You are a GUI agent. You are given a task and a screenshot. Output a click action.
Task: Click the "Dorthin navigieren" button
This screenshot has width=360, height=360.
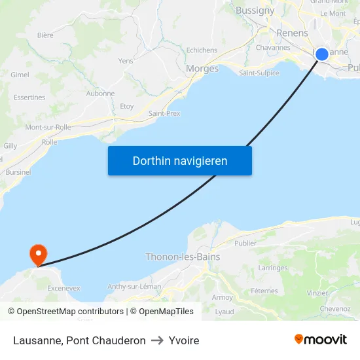pos(180,161)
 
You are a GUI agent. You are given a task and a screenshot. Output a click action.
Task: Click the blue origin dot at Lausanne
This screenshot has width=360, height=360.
pos(322,54)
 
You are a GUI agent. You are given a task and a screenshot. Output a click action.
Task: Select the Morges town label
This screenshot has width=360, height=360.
pos(202,69)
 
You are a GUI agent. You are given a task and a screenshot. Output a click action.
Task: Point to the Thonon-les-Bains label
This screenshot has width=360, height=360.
pos(183,257)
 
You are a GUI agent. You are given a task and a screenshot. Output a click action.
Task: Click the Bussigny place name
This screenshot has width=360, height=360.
pos(255,10)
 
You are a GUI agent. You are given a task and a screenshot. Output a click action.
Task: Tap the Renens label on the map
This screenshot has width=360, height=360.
pos(292,33)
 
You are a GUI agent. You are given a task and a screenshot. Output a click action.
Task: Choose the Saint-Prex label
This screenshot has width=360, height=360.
pos(164,113)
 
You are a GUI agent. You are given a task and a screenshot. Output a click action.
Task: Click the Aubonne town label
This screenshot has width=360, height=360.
pos(100,94)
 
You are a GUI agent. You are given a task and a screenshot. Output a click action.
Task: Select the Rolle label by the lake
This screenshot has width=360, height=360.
pos(49,142)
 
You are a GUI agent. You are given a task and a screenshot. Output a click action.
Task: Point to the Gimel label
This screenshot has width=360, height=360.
pos(20,75)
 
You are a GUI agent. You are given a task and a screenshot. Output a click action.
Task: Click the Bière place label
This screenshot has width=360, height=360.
pos(45,35)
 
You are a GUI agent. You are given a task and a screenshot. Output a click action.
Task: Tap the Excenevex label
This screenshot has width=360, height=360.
pos(63,288)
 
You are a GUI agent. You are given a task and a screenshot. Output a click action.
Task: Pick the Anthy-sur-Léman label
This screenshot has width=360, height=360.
pos(134,286)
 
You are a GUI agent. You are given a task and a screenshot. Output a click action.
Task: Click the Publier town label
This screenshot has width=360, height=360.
pos(245,243)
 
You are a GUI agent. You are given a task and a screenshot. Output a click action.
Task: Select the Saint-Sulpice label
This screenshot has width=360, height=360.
pos(259,73)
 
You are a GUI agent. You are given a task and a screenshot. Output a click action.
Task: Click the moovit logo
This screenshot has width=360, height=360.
pos(321,339)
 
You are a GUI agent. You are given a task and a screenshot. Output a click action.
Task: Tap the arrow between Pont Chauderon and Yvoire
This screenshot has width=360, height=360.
pos(157,340)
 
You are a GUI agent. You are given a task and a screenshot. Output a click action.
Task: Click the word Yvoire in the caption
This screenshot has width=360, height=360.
pos(184,340)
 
